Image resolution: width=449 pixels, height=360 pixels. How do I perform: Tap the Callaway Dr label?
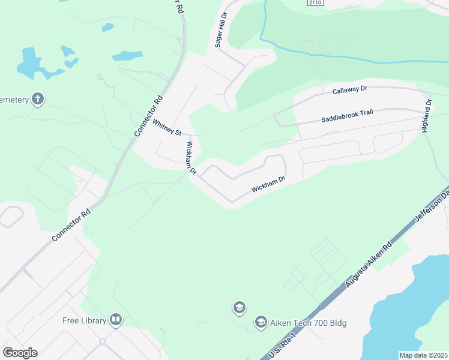click(x=349, y=89)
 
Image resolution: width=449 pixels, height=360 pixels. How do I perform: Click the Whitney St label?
click(x=167, y=127)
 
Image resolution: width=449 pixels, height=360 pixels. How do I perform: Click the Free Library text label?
click(x=85, y=320)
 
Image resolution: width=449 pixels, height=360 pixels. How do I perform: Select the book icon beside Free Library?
click(x=116, y=320)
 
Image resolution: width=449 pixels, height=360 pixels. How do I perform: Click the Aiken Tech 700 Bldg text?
click(x=309, y=323)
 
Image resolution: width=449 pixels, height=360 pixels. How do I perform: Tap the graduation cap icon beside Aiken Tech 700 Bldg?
click(x=261, y=323)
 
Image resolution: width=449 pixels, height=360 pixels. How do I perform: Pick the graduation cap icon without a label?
click(x=240, y=308)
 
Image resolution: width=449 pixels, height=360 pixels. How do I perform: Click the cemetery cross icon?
click(x=38, y=99)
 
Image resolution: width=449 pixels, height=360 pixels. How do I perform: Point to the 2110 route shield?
click(x=315, y=3)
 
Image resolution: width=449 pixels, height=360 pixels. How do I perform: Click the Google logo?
click(x=20, y=353)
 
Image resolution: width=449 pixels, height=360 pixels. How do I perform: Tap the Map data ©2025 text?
click(x=423, y=355)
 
